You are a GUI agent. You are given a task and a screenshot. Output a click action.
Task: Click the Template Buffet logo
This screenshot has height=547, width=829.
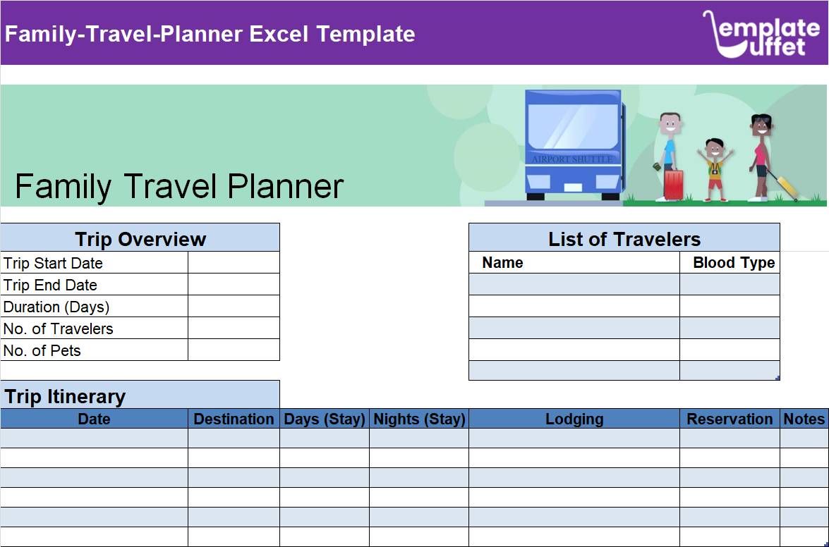pos(761,33)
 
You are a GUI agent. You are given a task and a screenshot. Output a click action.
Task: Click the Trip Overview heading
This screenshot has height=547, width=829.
pos(140,239)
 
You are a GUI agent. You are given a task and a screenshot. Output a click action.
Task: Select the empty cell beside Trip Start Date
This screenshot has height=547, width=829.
pos(234,263)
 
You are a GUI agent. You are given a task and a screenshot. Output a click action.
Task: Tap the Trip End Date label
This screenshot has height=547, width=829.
pos(50,285)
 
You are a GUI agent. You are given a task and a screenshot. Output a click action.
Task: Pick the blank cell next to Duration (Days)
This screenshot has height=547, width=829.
pos(234,307)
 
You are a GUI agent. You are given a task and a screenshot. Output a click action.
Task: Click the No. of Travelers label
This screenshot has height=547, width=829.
pos(58,328)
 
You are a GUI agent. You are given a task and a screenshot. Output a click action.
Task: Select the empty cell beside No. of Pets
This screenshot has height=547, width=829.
pos(234,350)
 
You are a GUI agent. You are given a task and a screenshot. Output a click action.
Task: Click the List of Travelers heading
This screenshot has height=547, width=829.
pos(624,239)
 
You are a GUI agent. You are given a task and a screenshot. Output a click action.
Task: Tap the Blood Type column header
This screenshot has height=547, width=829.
pos(734,263)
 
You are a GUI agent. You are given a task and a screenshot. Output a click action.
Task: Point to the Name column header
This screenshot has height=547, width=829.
pos(502,263)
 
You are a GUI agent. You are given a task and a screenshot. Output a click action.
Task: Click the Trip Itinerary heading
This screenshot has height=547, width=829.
pos(65,396)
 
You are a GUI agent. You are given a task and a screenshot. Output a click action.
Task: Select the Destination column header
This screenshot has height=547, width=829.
pos(234,419)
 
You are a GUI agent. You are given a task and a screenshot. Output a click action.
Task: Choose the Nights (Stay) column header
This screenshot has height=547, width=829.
pos(419,419)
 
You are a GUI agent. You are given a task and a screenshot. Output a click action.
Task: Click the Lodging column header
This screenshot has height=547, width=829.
pos(574,419)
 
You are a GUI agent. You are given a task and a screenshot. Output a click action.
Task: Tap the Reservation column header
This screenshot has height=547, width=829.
pos(730,419)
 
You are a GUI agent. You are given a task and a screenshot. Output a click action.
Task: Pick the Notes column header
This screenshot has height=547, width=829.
pos(804,419)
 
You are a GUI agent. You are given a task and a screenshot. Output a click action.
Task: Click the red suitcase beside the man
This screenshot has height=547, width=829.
pos(673,184)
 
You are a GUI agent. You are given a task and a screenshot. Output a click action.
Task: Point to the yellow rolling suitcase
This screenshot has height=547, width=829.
pos(785,186)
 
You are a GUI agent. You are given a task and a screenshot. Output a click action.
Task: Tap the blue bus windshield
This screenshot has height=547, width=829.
pos(572,126)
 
